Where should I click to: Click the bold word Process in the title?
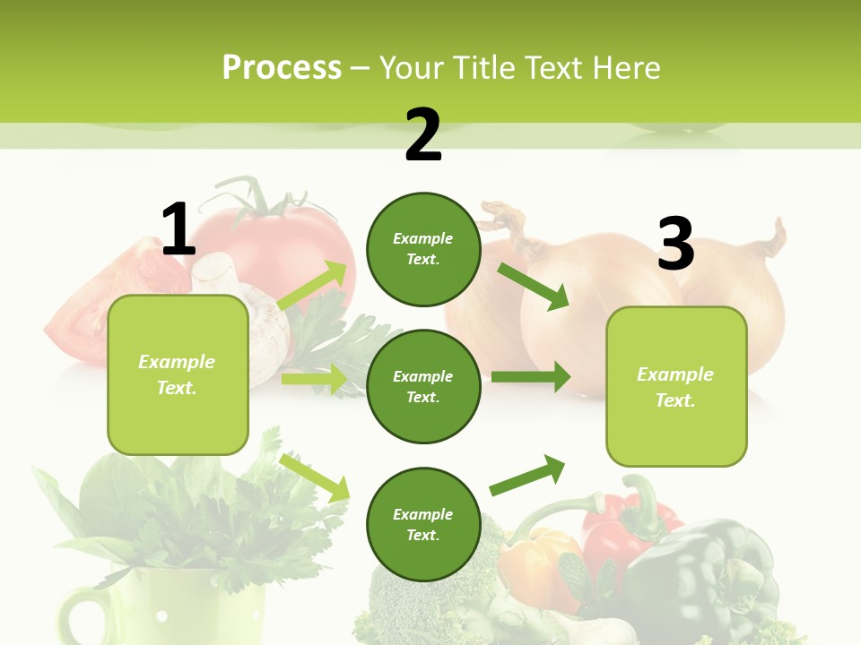tap(282, 67)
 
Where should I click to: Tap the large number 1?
tap(178, 229)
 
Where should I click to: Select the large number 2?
tap(423, 135)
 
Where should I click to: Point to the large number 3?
tap(676, 244)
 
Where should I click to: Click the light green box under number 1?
tap(178, 374)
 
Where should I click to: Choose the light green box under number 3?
tap(676, 386)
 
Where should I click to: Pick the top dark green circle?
tap(423, 249)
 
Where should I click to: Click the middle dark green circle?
tap(423, 386)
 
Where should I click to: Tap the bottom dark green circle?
tap(423, 524)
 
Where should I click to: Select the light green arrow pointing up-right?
tap(313, 286)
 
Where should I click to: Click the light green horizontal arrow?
tap(314, 379)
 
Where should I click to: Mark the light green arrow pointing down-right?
tap(315, 477)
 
